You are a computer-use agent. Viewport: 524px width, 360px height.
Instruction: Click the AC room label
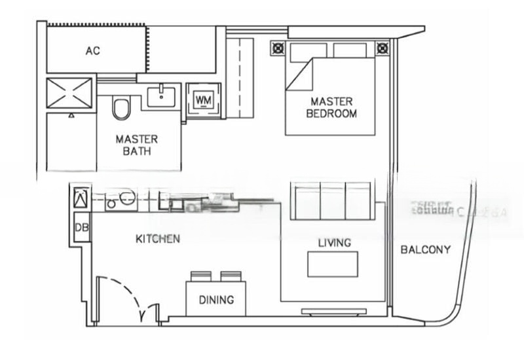(93, 50)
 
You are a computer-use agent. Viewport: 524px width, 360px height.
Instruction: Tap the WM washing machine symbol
(203, 100)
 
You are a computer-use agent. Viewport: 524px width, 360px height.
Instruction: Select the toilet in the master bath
(121, 108)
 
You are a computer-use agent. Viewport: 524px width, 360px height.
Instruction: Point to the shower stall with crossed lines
(70, 93)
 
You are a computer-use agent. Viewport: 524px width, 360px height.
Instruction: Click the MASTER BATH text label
(136, 145)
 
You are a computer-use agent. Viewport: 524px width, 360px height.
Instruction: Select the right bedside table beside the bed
(382, 48)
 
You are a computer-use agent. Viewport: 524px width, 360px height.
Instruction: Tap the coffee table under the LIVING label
(333, 264)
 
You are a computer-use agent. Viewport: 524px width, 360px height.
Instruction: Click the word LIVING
(334, 243)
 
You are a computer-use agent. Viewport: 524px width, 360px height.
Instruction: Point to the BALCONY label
(426, 249)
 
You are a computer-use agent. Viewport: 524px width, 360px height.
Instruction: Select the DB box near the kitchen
(82, 227)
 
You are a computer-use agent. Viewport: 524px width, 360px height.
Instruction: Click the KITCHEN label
(157, 239)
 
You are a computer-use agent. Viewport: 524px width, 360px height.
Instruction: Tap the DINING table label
(216, 300)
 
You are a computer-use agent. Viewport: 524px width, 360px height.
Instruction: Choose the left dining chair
(200, 276)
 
